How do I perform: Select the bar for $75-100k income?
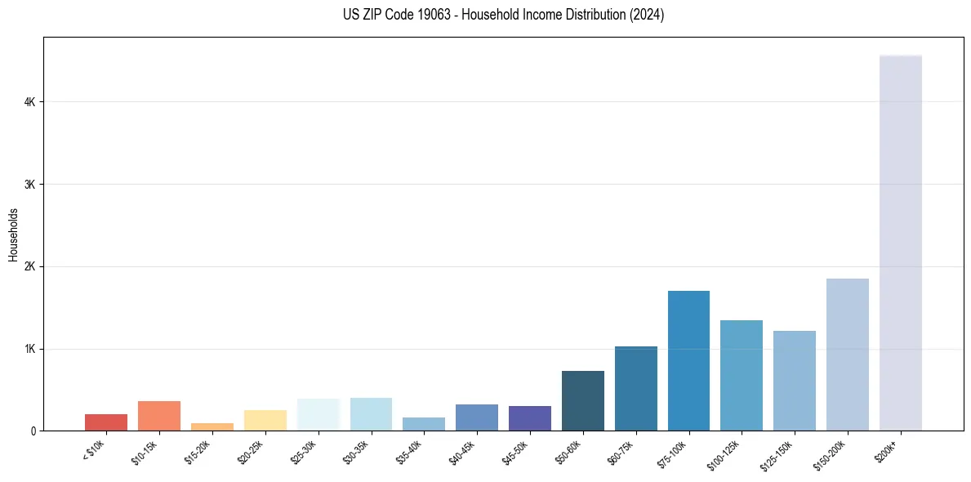[x=688, y=360]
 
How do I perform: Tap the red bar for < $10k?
[x=106, y=422]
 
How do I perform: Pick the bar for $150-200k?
[x=847, y=355]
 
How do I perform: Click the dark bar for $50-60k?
[x=582, y=400]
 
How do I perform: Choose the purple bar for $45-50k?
[x=529, y=418]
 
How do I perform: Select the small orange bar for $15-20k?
[x=212, y=426]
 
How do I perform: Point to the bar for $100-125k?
[x=742, y=375]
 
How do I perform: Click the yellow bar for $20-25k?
[x=265, y=420]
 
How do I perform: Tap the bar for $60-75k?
[x=635, y=388]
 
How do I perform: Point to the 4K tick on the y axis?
[x=29, y=102]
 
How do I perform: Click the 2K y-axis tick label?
[x=29, y=267]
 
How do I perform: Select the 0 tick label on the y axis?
[x=33, y=431]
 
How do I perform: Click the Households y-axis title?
[x=13, y=234]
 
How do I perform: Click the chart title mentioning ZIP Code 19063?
[x=485, y=15]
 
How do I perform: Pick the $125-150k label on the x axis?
[x=778, y=453]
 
